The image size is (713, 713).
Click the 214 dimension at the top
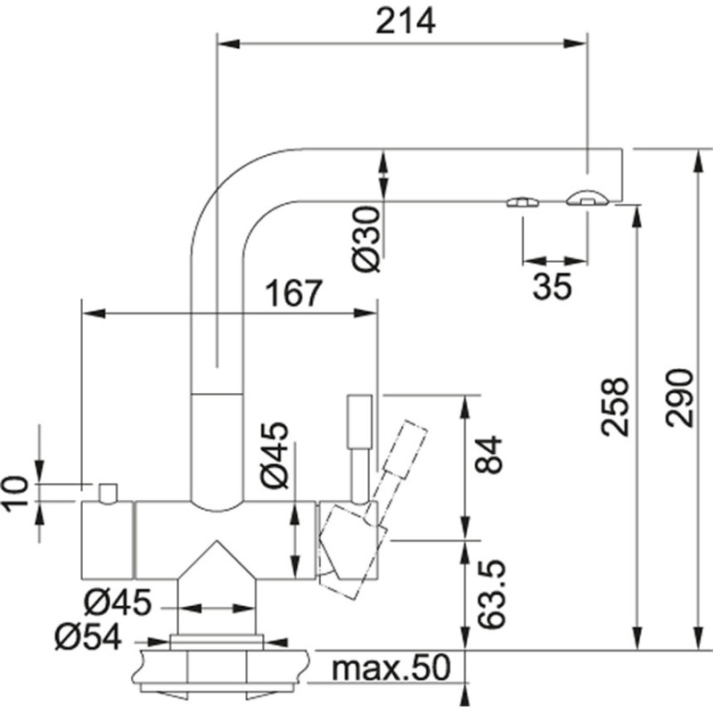406,20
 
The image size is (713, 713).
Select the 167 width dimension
291,293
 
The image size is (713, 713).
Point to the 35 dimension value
553,287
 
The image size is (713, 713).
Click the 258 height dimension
615,406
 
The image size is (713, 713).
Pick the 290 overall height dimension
679,398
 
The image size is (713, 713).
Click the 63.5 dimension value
491,594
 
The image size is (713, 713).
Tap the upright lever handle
359,428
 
